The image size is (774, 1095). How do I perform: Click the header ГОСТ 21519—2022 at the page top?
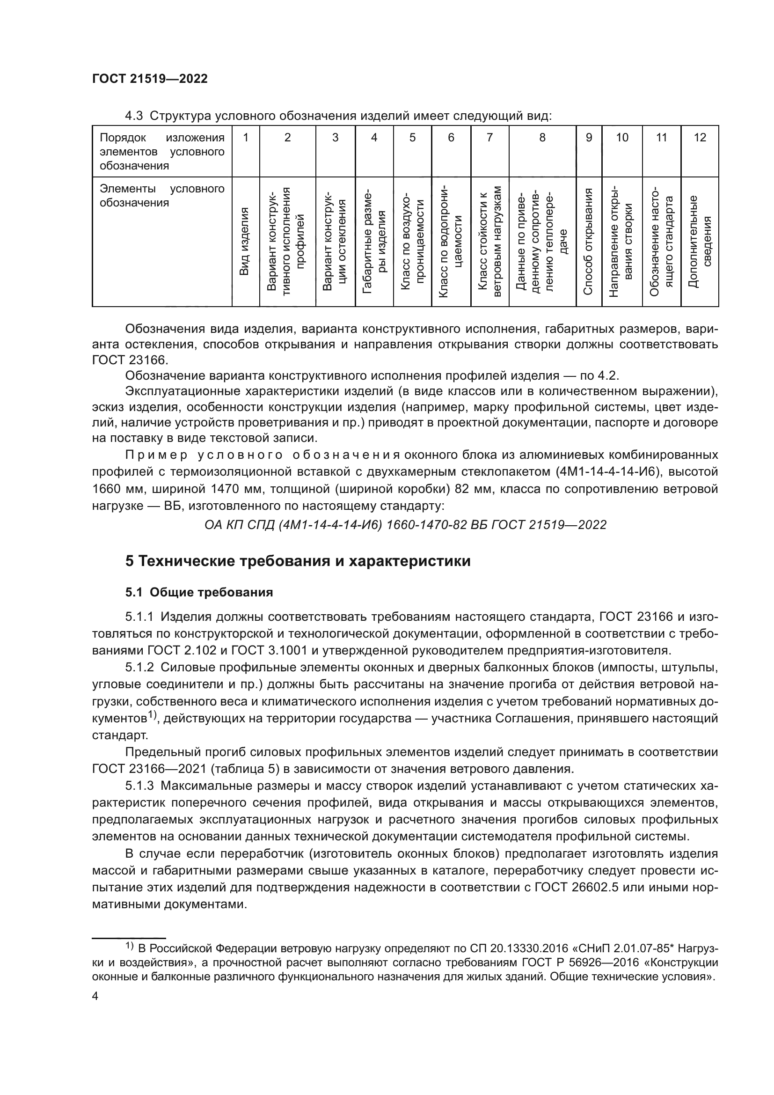pos(150,79)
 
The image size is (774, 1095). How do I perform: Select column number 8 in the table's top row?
pos(542,138)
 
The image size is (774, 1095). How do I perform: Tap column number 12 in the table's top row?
pos(699,138)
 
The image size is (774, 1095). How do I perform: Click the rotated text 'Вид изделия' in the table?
pos(244,241)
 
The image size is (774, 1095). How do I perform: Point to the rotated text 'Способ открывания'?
pos(588,241)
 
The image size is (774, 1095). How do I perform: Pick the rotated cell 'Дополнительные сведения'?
pos(699,241)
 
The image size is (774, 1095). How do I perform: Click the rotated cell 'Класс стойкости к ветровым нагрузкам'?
pos(489,241)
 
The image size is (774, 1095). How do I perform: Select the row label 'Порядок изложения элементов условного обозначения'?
pos(161,152)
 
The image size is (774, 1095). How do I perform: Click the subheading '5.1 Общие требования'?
pos(199,592)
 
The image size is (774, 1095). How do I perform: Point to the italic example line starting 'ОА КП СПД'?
pos(405,525)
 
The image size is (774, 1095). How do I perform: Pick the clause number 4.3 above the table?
pos(134,116)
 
